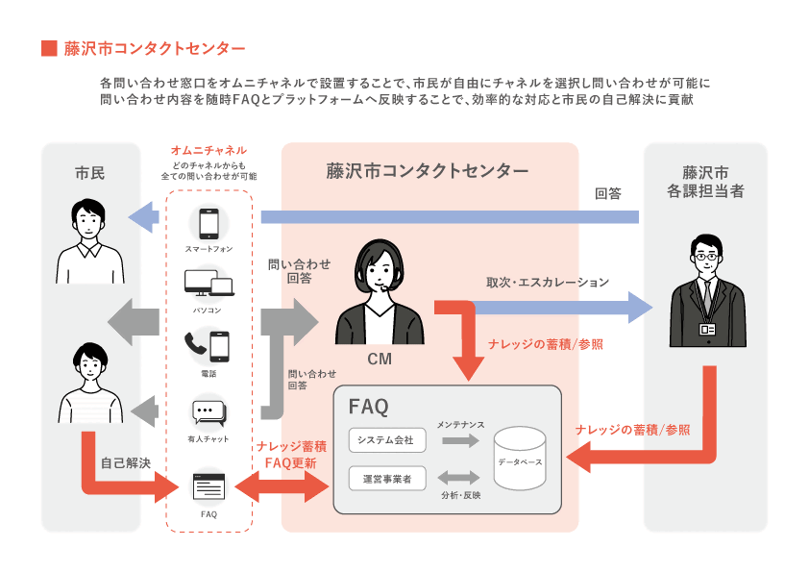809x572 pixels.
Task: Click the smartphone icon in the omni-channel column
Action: coord(208,224)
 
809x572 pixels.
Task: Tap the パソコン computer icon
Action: coord(208,284)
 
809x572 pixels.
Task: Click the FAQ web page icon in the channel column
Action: coord(208,486)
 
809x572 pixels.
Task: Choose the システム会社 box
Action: coord(385,440)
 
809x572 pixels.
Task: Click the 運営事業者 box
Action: coord(385,477)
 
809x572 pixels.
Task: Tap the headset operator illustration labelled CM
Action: coord(379,294)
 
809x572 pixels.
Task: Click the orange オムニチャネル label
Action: coord(208,151)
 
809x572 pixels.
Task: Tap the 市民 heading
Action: coord(89,174)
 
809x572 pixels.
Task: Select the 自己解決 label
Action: coord(126,463)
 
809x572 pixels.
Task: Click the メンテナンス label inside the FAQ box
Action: coord(460,424)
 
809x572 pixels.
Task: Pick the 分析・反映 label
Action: coord(460,495)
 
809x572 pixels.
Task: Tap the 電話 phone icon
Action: coord(208,346)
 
